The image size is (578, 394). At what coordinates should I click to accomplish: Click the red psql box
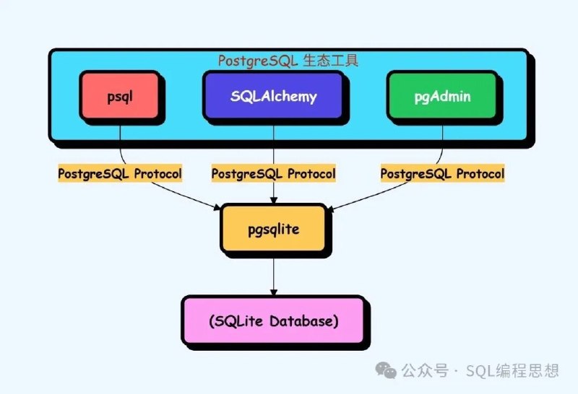pyautogui.click(x=120, y=96)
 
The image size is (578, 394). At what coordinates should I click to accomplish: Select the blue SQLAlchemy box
pyautogui.click(x=273, y=96)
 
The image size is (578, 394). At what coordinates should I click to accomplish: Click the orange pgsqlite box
pyautogui.click(x=274, y=229)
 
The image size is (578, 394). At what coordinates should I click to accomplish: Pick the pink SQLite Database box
pyautogui.click(x=274, y=320)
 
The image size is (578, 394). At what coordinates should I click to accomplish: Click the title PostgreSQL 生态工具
pyautogui.click(x=288, y=61)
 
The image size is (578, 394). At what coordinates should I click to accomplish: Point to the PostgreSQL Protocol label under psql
pyautogui.click(x=120, y=173)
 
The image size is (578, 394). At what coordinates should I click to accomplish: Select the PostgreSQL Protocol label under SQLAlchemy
pyautogui.click(x=274, y=173)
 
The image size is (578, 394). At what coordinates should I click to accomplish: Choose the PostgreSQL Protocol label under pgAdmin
pyautogui.click(x=442, y=173)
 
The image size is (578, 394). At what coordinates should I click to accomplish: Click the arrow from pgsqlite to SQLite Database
pyautogui.click(x=274, y=277)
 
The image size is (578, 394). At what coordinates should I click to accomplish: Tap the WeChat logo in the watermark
pyautogui.click(x=386, y=370)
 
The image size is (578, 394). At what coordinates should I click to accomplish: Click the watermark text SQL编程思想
pyautogui.click(x=512, y=370)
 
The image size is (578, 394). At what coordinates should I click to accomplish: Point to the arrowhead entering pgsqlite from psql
pyautogui.click(x=217, y=207)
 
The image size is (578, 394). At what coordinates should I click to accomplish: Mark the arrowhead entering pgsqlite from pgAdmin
pyautogui.click(x=330, y=209)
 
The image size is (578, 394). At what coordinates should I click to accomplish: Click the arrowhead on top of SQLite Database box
pyautogui.click(x=274, y=292)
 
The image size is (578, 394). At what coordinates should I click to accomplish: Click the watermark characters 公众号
pyautogui.click(x=425, y=370)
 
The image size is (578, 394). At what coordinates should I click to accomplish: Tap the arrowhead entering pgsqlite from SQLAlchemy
pyautogui.click(x=274, y=201)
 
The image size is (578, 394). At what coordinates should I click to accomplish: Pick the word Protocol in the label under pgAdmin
pyautogui.click(x=480, y=173)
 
